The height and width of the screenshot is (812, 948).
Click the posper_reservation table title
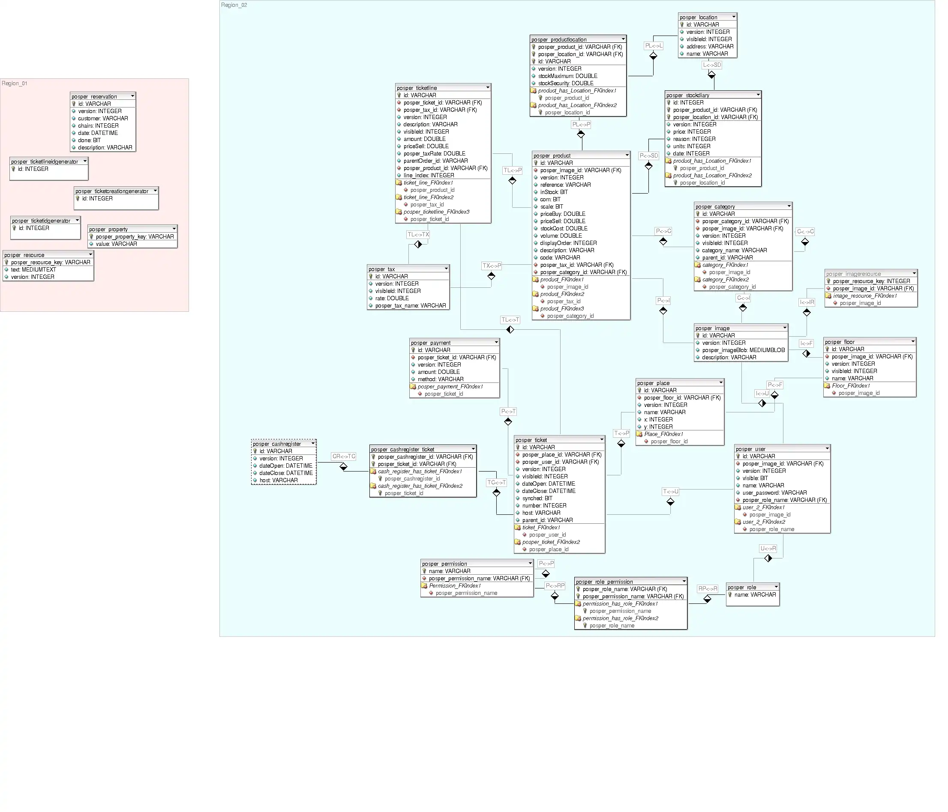pos(94,96)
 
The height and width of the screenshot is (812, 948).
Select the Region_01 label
pos(15,83)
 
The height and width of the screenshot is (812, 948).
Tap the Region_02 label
pos(234,5)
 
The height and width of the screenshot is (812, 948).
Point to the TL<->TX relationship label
pos(418,235)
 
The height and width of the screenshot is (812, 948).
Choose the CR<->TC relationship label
pos(344,456)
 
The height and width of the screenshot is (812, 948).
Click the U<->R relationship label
pos(768,548)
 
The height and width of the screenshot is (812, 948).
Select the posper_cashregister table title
pos(277,444)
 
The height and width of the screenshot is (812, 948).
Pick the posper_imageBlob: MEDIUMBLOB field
pos(743,350)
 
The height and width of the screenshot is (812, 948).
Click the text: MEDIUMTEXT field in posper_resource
pos(33,270)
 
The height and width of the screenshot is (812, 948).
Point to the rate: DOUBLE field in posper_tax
pos(392,298)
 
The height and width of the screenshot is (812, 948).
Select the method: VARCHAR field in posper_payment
pos(440,379)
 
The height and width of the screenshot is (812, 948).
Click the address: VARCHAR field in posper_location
pos(710,46)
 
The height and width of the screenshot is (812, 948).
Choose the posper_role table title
pos(742,588)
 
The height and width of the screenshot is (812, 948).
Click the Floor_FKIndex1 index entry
pos(851,386)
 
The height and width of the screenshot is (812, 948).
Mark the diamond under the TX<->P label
pos(491,276)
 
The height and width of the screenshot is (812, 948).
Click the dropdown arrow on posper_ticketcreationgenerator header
pos(155,191)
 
